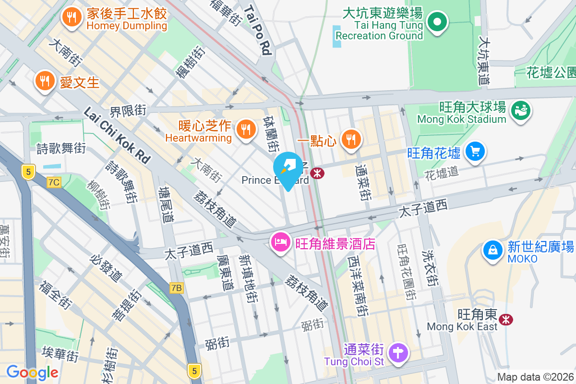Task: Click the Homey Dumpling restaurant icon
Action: point(72,18)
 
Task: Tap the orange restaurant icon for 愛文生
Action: point(45,82)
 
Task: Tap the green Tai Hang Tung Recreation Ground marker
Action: point(437,22)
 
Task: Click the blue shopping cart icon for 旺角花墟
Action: point(475,152)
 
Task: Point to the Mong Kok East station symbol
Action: point(505,319)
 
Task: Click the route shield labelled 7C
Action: point(54,182)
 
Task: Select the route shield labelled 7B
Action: point(177,288)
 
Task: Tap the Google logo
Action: point(32,372)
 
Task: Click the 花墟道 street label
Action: point(442,174)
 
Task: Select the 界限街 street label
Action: point(127,111)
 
